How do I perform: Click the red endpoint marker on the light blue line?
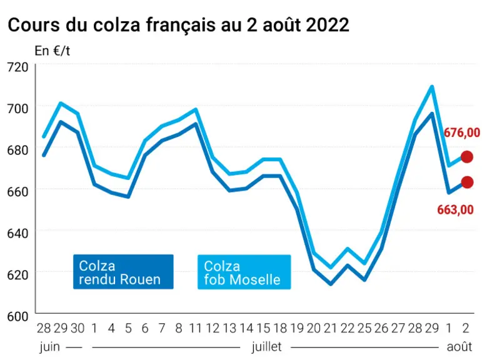(466, 157)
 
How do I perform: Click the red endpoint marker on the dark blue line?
(467, 182)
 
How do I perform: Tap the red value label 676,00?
(462, 132)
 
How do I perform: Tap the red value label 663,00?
(455, 209)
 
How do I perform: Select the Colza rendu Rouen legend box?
(123, 272)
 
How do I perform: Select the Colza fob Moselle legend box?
(244, 272)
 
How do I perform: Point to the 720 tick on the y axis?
(18, 67)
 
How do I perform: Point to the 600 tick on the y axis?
(18, 316)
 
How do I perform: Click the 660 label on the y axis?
(18, 191)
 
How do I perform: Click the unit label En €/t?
(53, 51)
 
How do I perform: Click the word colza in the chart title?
(117, 24)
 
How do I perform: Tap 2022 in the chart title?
(328, 24)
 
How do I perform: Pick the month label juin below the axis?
(49, 347)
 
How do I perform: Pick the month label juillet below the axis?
(266, 347)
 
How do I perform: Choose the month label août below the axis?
(459, 347)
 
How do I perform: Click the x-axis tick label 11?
(196, 328)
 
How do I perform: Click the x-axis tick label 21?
(331, 328)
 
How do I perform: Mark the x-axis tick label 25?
(364, 328)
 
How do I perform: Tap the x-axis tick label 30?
(78, 328)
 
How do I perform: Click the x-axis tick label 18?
(280, 328)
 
